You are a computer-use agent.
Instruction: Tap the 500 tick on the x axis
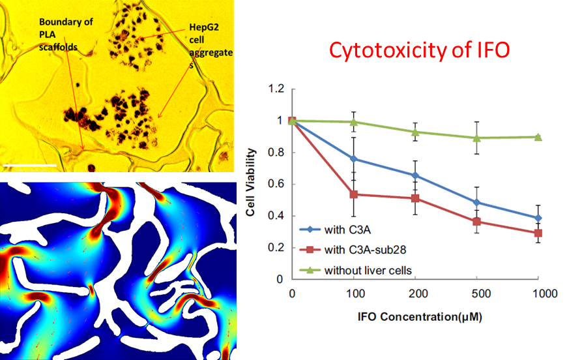[477, 294]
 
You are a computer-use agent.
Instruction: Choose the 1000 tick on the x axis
[539, 294]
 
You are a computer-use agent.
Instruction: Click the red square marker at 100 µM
[354, 194]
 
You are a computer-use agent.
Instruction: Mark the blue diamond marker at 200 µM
[415, 175]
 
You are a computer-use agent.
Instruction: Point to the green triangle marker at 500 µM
[477, 138]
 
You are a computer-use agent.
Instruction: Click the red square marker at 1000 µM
[538, 233]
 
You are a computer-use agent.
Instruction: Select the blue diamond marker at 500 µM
[477, 202]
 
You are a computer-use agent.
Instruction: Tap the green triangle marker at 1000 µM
[538, 136]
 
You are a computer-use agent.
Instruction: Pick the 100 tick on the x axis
[354, 294]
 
